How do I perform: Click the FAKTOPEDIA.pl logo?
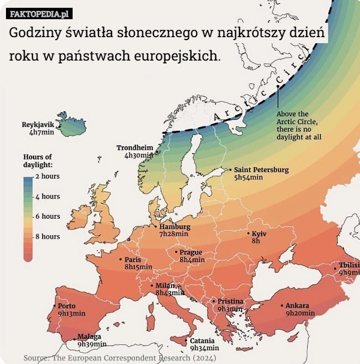point(40,13)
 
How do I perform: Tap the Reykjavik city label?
point(38,124)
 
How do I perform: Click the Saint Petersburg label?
point(261,170)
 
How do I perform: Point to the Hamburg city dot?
point(155,227)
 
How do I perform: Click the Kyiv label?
point(259,233)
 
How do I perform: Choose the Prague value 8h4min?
point(192,260)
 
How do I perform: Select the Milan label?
point(165,285)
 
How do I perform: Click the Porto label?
point(67,306)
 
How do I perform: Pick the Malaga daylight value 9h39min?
point(92,344)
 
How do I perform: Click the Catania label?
point(202,340)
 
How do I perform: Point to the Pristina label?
point(230,301)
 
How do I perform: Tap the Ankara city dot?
point(281,305)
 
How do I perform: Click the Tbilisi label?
point(349,265)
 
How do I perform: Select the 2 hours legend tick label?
point(48,177)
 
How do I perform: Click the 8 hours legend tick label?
point(48,236)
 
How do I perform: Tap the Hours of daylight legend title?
point(37,160)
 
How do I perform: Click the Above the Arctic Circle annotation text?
point(299,125)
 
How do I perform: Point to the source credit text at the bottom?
point(119,358)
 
